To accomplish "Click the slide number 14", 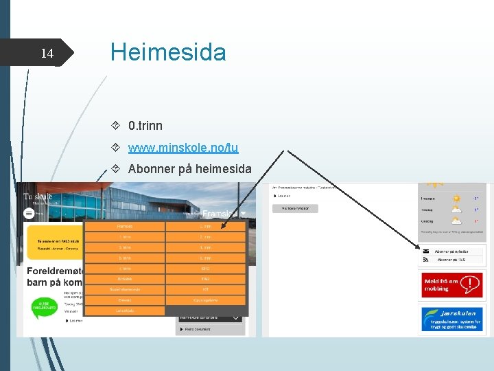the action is [47, 54].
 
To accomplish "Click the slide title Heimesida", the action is [168, 52].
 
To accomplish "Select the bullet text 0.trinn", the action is [145, 126].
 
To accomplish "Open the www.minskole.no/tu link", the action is [183, 147].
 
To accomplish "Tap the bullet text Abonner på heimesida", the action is [189, 169].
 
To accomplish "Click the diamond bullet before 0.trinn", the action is [116, 126].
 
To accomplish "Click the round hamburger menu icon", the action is [30, 213].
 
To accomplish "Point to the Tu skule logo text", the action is [38, 196].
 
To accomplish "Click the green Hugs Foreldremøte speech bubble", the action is [43, 307].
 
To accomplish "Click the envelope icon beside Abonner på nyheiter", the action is [425, 251].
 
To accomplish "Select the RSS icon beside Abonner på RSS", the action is [425, 260].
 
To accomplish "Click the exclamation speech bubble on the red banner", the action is [469, 284].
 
